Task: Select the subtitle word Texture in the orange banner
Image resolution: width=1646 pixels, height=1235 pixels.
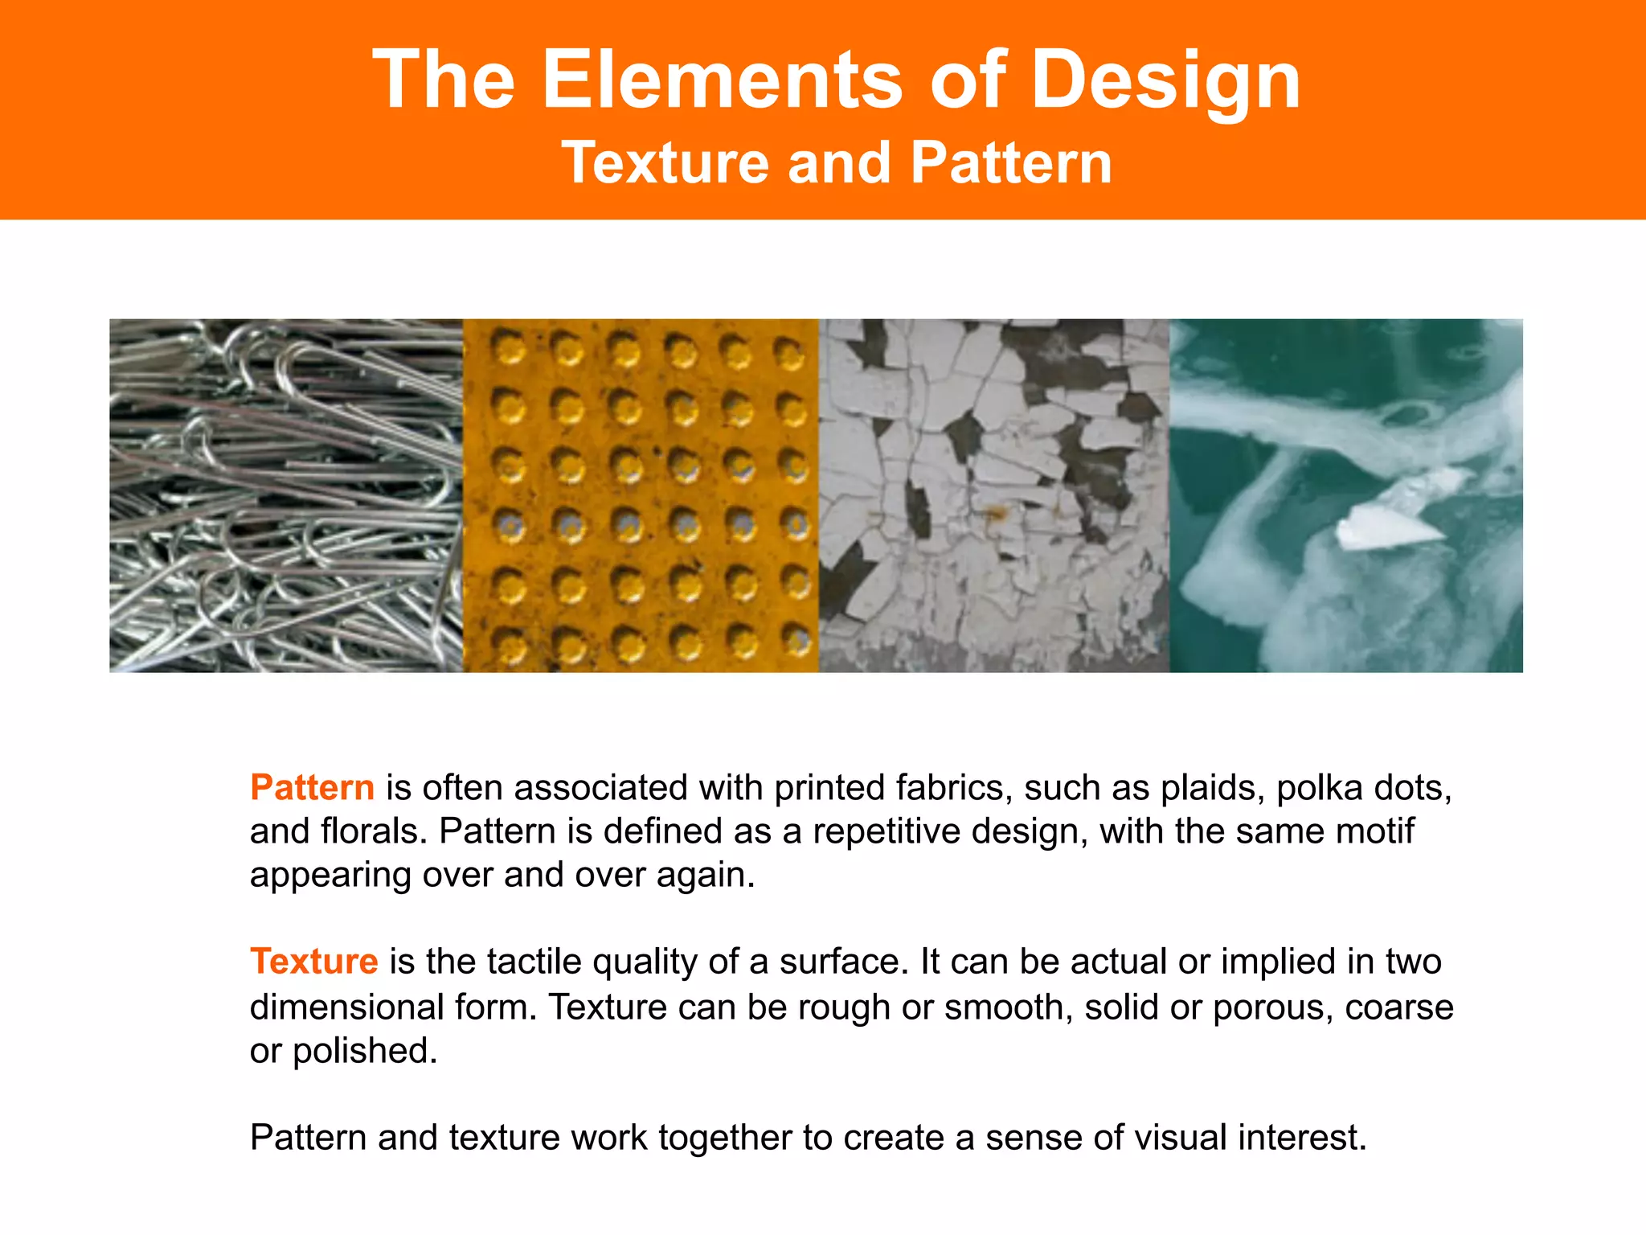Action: coord(665,163)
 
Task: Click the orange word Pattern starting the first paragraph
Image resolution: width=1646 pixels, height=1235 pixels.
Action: coord(312,787)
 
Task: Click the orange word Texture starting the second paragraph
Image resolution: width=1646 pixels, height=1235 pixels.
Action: coord(313,962)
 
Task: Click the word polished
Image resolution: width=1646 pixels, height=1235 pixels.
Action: coord(365,1052)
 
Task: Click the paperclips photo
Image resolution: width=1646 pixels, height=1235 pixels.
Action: coord(286,495)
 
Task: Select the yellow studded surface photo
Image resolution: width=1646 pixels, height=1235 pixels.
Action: coord(641,495)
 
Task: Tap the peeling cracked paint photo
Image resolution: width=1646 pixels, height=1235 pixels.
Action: coord(993,495)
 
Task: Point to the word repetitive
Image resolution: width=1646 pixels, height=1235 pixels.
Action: coord(886,831)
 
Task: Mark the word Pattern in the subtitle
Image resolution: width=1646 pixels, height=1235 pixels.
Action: coord(1011,163)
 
